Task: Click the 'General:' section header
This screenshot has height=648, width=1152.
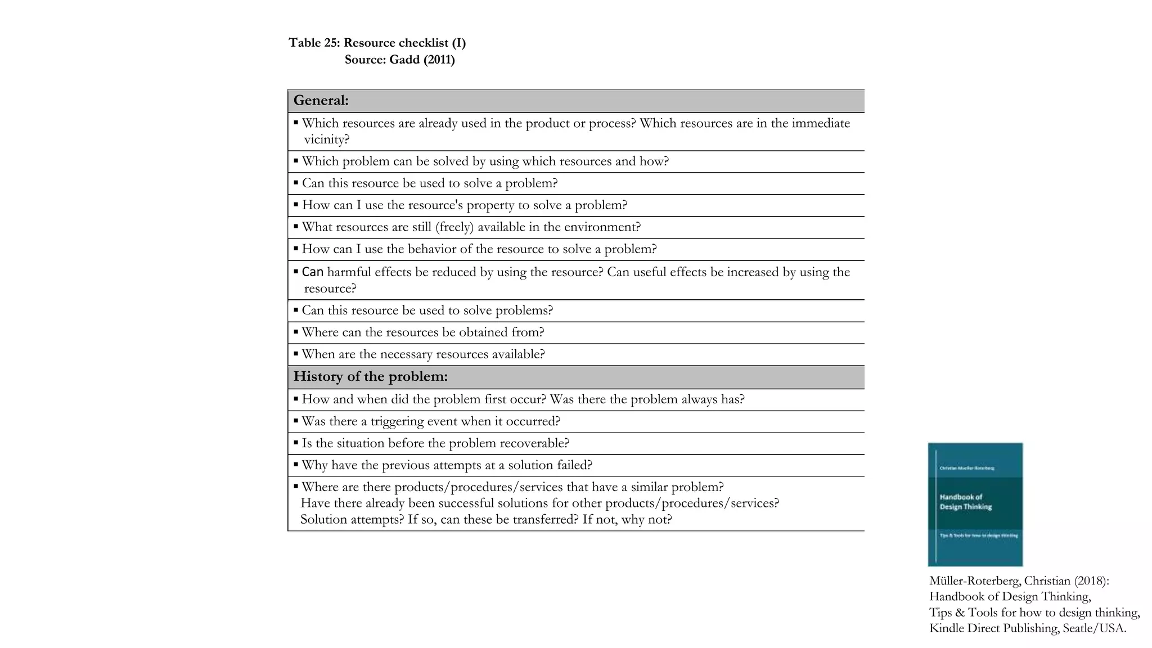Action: (x=321, y=101)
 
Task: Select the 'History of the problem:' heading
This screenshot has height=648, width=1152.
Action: (x=370, y=376)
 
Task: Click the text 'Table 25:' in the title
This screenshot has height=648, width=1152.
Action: (x=314, y=43)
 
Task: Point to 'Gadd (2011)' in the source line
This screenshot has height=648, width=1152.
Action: (x=422, y=60)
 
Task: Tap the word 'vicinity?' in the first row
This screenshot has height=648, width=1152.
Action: (x=326, y=139)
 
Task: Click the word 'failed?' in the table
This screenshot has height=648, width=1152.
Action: (x=574, y=465)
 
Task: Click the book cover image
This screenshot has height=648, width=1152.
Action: (x=975, y=504)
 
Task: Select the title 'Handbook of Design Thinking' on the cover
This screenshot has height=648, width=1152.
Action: (x=966, y=502)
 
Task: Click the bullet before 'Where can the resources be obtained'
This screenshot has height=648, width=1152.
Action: (x=296, y=332)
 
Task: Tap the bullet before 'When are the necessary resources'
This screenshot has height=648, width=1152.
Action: (x=296, y=354)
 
